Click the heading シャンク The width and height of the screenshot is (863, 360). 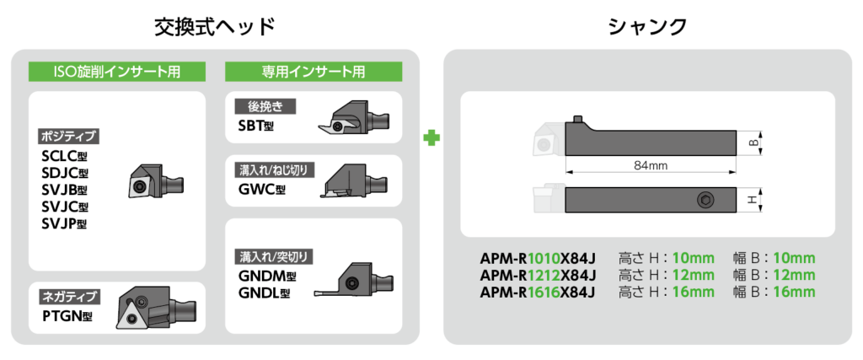coord(647,26)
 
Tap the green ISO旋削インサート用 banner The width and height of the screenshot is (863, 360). coord(116,72)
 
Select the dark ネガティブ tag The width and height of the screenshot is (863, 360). coord(69,296)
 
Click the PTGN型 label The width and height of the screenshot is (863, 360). coord(67,316)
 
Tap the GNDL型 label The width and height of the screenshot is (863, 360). coord(263,293)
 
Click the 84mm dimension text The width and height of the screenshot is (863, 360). coord(650,166)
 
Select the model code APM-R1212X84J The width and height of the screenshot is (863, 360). coord(538,275)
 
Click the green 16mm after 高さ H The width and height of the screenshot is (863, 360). coord(694,292)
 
